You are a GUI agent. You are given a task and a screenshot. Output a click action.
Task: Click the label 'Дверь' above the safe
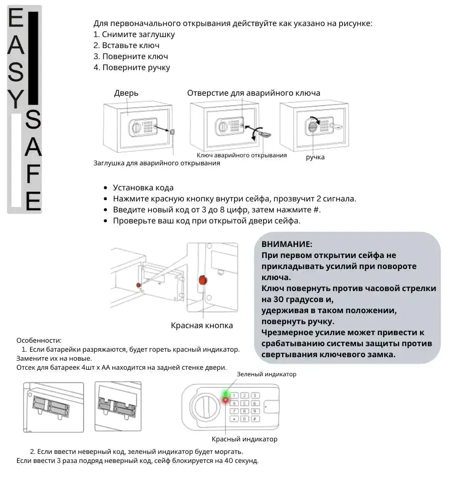click(126, 93)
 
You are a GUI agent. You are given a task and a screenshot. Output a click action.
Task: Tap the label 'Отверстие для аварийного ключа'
click(254, 93)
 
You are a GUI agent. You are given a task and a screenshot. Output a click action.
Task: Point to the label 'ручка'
click(315, 157)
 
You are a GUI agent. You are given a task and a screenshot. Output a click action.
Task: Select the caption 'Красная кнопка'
click(202, 326)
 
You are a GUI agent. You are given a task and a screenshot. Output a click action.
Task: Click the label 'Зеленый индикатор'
click(266, 374)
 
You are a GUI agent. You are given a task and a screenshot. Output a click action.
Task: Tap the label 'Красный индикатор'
click(244, 439)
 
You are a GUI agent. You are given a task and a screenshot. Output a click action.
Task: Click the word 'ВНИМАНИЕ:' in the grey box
click(287, 244)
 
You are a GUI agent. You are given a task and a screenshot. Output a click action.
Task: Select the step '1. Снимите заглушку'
click(134, 35)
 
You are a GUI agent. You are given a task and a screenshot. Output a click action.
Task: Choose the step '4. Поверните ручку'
click(132, 68)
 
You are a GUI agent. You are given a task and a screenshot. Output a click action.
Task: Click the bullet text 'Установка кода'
click(143, 188)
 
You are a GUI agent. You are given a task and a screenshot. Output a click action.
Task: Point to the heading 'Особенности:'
click(39, 340)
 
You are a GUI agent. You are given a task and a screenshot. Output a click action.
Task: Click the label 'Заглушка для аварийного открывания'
click(157, 163)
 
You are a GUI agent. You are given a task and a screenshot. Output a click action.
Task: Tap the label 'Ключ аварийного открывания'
click(242, 155)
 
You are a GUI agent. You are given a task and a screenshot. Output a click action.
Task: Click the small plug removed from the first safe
click(172, 132)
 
